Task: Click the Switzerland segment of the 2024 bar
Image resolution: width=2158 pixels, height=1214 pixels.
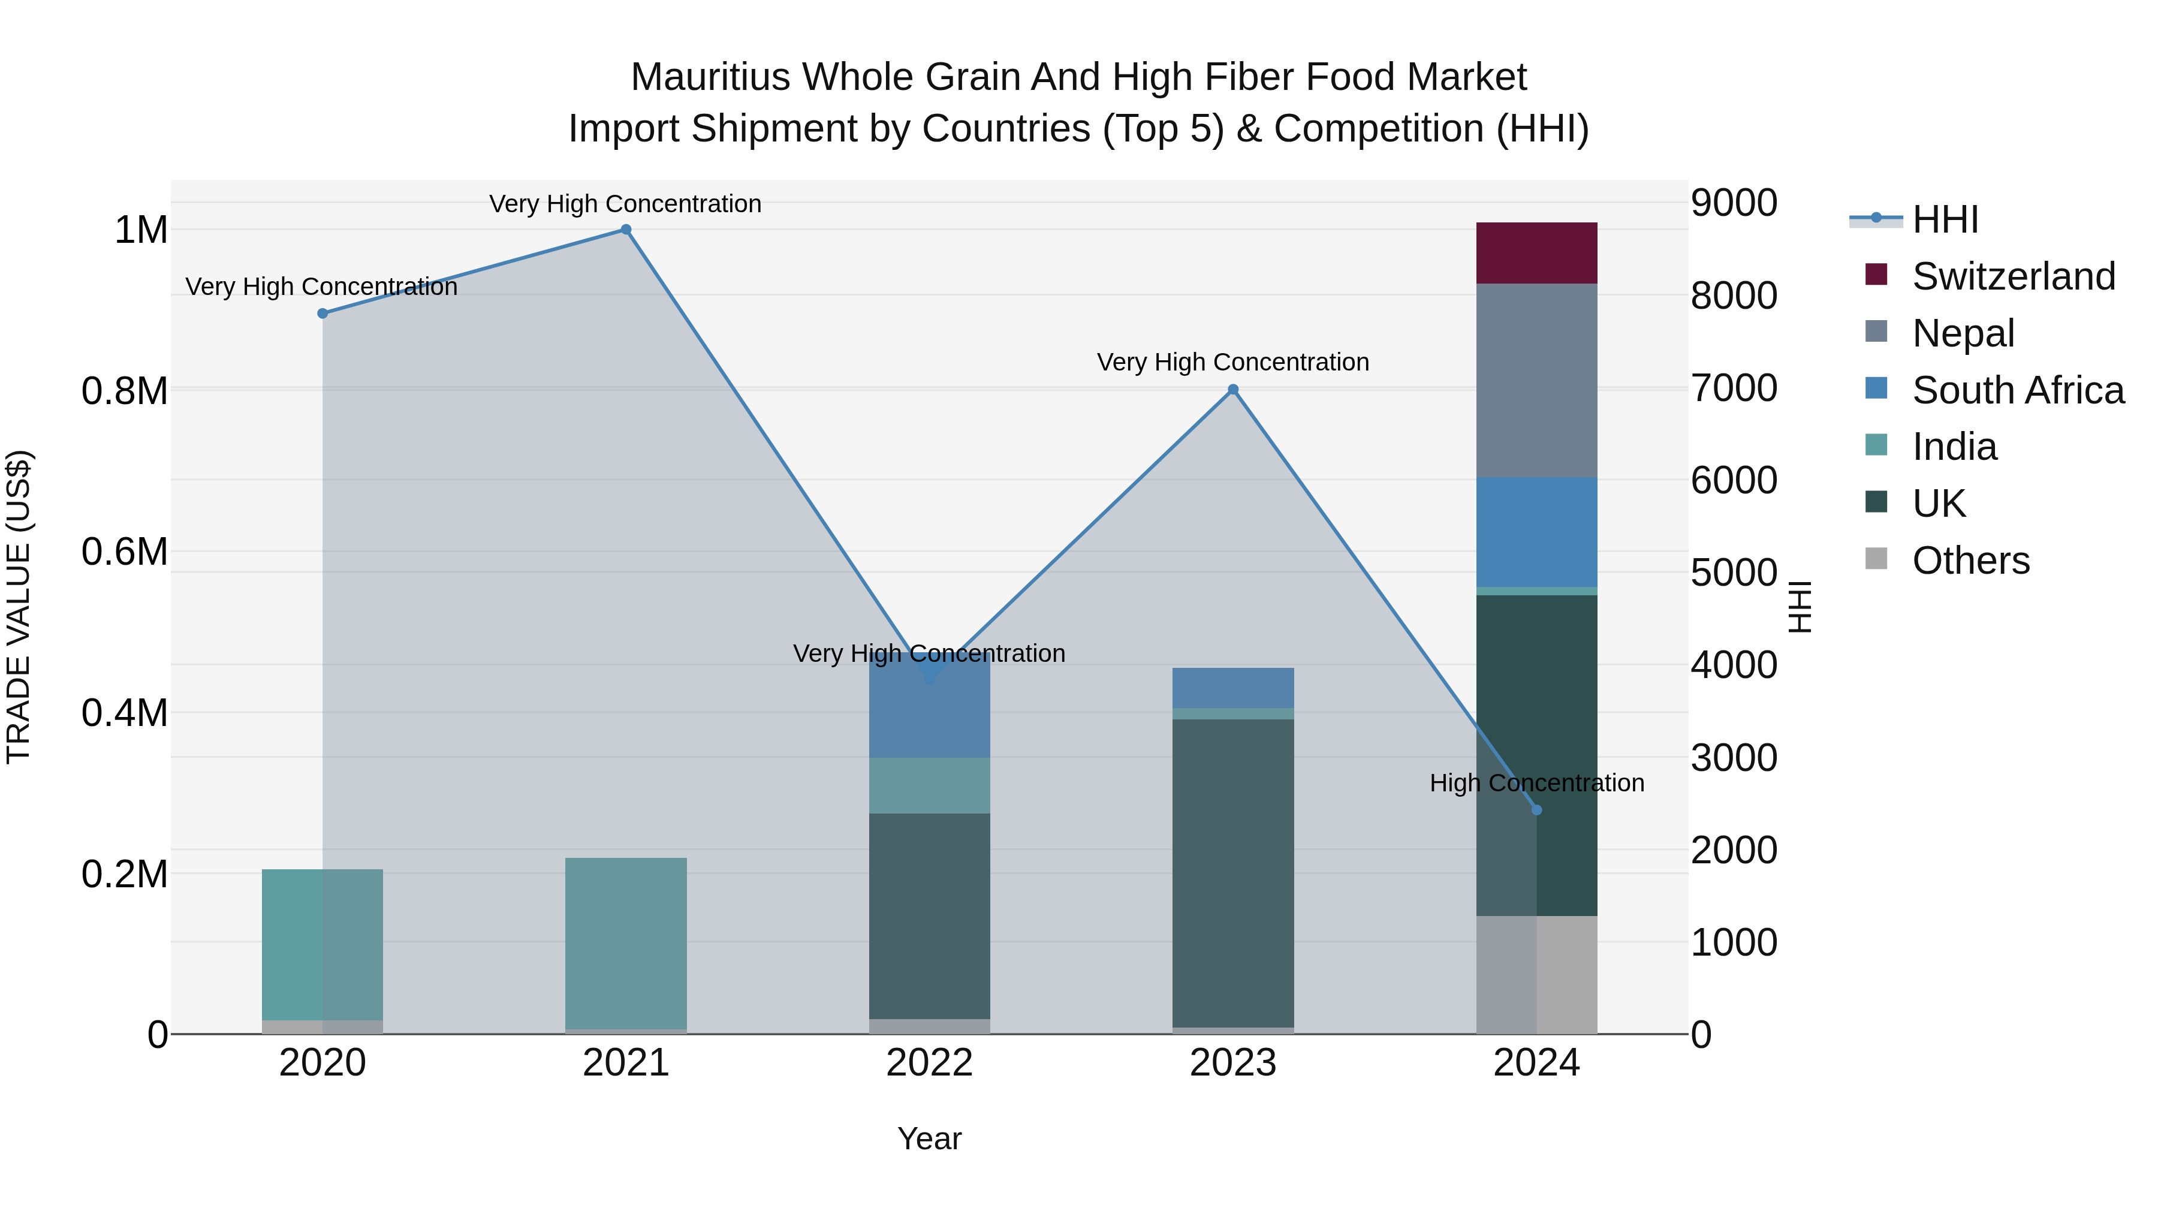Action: [1536, 253]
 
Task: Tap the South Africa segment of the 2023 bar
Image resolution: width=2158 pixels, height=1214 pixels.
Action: [1232, 687]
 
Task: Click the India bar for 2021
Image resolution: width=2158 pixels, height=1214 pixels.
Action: [626, 942]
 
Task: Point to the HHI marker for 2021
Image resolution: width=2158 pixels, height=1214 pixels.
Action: [626, 230]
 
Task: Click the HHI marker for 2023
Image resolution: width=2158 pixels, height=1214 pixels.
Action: [1232, 390]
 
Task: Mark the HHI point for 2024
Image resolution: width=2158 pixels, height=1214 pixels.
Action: [1536, 810]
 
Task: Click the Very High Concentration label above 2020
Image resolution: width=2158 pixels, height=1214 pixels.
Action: [322, 287]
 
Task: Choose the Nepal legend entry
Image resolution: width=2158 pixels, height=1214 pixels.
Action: [1963, 333]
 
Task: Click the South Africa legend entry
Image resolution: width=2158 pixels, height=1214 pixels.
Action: [2017, 390]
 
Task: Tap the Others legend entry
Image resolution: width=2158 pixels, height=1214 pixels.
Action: [1970, 561]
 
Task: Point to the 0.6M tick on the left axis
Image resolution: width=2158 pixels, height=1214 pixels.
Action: [125, 552]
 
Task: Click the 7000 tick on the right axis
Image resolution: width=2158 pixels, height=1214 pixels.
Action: [1733, 388]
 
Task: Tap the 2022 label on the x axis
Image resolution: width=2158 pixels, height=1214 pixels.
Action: [929, 1063]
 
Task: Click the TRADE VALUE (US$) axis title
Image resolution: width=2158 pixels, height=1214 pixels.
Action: [19, 607]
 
